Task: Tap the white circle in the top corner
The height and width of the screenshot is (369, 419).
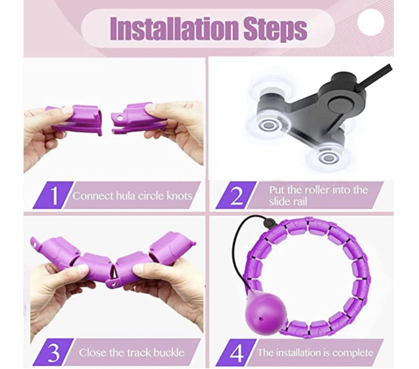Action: click(371, 22)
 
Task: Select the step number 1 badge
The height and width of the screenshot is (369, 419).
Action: click(53, 195)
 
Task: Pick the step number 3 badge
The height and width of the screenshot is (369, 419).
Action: click(53, 352)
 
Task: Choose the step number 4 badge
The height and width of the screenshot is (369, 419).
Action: click(236, 352)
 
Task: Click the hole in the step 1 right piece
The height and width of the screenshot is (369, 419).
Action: click(119, 117)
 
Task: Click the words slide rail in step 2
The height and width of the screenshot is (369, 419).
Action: click(288, 202)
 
